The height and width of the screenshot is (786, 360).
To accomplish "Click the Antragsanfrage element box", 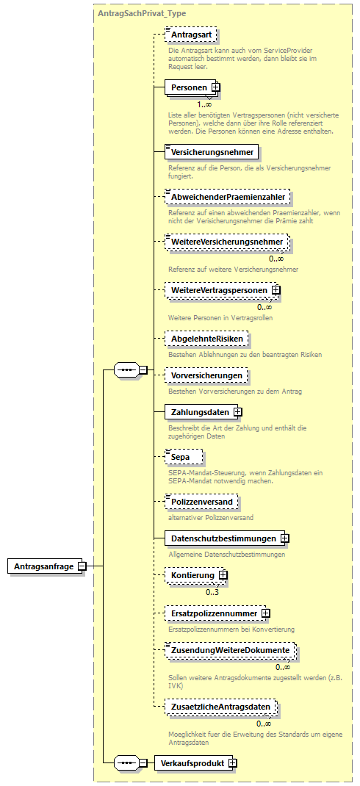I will pyautogui.click(x=44, y=566).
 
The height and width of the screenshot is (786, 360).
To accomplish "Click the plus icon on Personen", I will pyautogui.click(x=216, y=88).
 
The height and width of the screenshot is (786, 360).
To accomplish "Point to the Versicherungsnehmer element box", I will pyautogui.click(x=212, y=153).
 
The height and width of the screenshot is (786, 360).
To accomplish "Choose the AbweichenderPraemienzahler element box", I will pyautogui.click(x=227, y=197).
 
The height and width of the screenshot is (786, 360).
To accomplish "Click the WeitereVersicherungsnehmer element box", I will pyautogui.click(x=227, y=242).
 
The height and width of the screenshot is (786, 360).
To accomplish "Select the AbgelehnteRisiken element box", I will pyautogui.click(x=207, y=339).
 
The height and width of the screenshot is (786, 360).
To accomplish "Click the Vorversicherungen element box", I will pyautogui.click(x=206, y=375).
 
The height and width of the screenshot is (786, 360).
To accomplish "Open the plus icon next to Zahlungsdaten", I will pyautogui.click(x=238, y=412).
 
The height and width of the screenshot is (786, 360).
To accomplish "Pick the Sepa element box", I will pyautogui.click(x=181, y=457).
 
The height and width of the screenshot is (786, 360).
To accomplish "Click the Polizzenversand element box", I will pyautogui.click(x=201, y=502).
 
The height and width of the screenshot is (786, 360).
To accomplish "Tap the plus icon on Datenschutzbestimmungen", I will pyautogui.click(x=285, y=538).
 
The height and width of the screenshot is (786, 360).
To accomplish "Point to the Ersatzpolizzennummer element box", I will pyautogui.click(x=214, y=613).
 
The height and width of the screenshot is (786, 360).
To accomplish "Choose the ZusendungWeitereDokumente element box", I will pyautogui.click(x=229, y=651).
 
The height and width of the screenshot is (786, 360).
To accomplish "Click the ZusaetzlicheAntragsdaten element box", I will pyautogui.click(x=221, y=707).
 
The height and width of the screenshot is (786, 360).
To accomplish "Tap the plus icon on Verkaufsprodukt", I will pyautogui.click(x=233, y=763).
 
